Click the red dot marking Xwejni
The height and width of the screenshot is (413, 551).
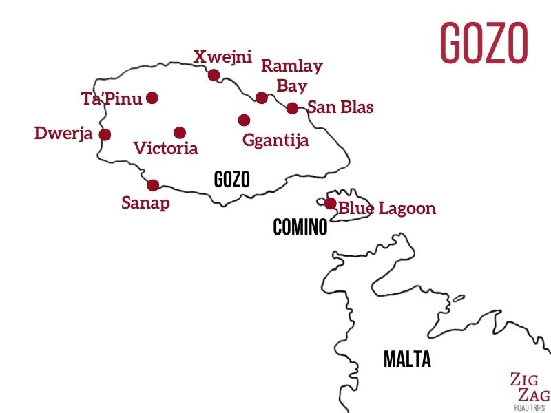[x=214, y=75]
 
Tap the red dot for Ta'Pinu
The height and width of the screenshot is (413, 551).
[x=152, y=98]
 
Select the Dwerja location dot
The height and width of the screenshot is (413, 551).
[x=105, y=134]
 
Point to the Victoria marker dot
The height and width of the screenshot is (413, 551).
[x=180, y=132]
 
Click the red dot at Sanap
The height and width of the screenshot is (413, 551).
[x=153, y=184]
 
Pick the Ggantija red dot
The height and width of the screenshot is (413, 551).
[x=244, y=120]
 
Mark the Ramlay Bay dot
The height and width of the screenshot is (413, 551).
[x=262, y=98]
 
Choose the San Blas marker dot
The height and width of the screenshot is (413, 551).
[x=292, y=108]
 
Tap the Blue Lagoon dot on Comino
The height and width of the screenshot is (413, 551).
[x=331, y=203]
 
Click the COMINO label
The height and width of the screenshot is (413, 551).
[x=300, y=227]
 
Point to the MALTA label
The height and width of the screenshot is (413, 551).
[x=407, y=359]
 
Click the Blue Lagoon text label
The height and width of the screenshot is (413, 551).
[x=387, y=208]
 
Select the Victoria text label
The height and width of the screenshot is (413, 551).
[x=165, y=148]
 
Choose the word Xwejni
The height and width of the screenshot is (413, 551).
[x=222, y=56]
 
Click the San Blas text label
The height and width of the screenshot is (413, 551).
[x=340, y=107]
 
